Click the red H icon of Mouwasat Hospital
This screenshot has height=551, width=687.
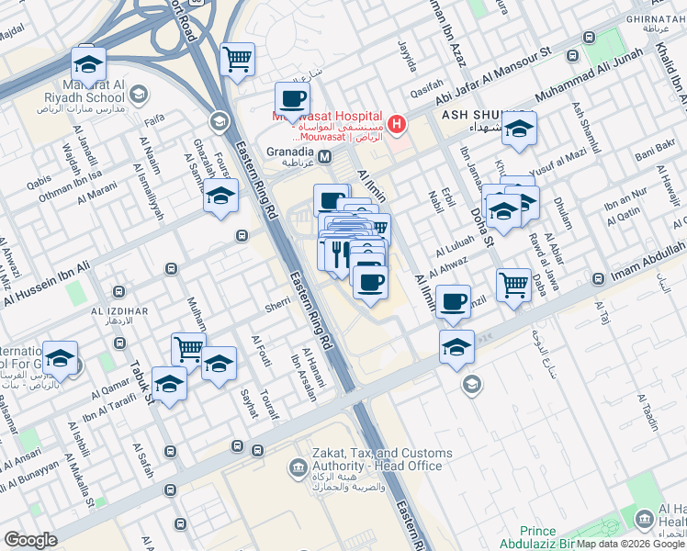397,123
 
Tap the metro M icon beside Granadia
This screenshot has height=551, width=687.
325,154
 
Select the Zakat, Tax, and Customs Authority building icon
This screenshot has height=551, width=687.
298,469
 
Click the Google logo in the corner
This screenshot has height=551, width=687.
30,540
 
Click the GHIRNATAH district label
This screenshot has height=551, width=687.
656,18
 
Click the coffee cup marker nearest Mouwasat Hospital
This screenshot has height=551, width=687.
292,99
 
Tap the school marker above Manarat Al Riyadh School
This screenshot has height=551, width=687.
89,62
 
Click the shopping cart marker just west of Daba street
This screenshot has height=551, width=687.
513,283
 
